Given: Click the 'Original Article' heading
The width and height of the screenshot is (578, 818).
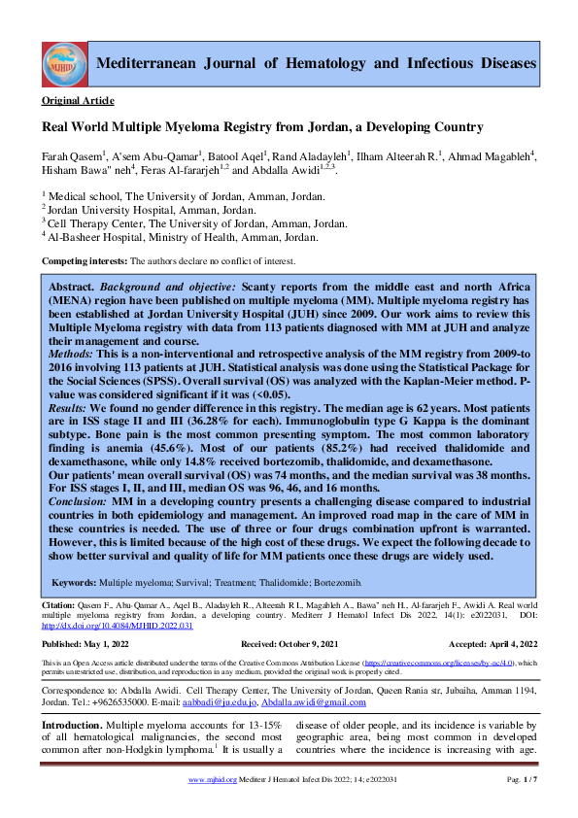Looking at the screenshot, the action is pyautogui.click(x=78, y=101).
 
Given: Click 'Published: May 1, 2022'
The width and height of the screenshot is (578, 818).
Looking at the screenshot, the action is pyautogui.click(x=86, y=644).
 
